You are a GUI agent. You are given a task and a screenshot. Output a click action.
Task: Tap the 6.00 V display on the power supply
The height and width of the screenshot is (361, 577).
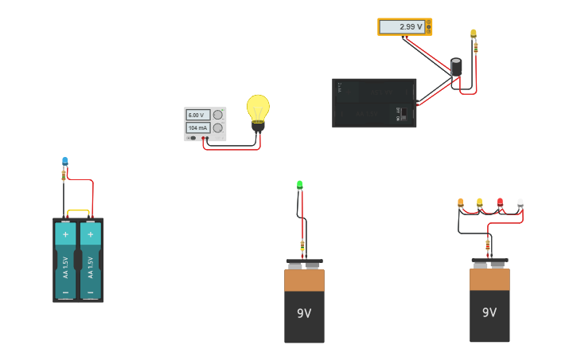point(197,115)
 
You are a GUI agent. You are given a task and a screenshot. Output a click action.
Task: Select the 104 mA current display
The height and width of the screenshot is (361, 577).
point(197,128)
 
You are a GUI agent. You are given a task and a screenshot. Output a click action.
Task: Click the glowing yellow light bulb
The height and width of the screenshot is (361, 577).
point(258,108)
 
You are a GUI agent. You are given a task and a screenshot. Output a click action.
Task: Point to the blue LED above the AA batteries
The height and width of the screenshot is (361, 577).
point(65,162)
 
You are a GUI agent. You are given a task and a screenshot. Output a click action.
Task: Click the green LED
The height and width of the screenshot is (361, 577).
point(300,185)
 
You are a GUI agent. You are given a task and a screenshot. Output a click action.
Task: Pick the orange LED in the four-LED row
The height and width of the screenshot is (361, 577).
point(461,202)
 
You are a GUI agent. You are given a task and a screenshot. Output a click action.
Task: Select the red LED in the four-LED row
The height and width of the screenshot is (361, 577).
point(500,202)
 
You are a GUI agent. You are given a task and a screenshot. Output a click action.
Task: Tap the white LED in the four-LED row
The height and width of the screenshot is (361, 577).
point(520,202)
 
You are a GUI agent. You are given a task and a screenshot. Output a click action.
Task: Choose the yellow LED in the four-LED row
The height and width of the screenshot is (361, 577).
point(480,202)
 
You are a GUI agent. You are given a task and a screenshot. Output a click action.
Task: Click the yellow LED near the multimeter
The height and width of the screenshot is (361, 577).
point(474,33)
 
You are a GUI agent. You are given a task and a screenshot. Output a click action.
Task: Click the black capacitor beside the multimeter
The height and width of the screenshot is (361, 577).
point(456,67)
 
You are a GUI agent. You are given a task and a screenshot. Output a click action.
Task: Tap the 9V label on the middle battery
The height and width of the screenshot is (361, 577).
point(304,313)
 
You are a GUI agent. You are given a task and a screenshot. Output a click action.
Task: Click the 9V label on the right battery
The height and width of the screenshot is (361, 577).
point(489,312)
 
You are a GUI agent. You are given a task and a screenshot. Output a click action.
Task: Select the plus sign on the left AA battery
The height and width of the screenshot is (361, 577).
point(65,235)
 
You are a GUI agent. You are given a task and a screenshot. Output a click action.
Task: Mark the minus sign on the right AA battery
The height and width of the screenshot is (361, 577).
point(91,292)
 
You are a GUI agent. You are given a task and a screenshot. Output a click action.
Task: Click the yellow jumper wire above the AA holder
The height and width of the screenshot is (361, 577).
point(78,211)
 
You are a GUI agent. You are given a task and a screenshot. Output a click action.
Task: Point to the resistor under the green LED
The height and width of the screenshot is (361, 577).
point(302,244)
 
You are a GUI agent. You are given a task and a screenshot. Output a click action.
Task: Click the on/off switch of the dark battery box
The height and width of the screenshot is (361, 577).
point(404,113)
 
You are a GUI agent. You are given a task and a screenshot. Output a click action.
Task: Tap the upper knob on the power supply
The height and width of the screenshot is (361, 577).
point(217,115)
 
